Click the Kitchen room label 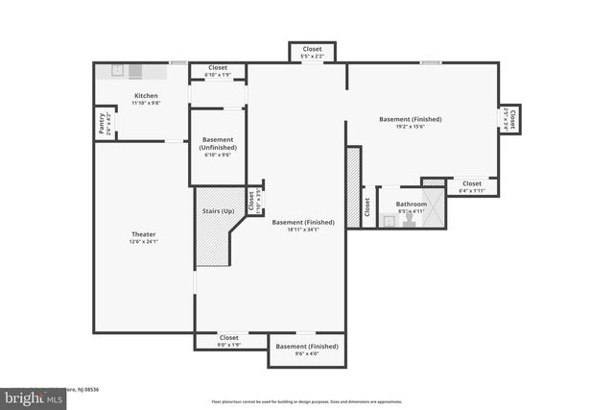coord(146,95)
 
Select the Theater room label coord(143,234)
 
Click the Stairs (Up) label coord(217,210)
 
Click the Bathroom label coord(412,204)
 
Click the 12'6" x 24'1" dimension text coord(143,242)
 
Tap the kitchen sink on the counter coord(117,70)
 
